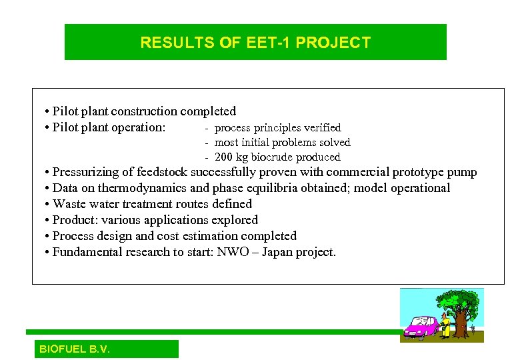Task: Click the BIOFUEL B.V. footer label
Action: pos(75,349)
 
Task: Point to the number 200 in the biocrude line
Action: pos(225,157)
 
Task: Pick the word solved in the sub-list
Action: pos(333,142)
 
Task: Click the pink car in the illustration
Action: pos(421,327)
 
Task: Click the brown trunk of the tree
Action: pos(459,323)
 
